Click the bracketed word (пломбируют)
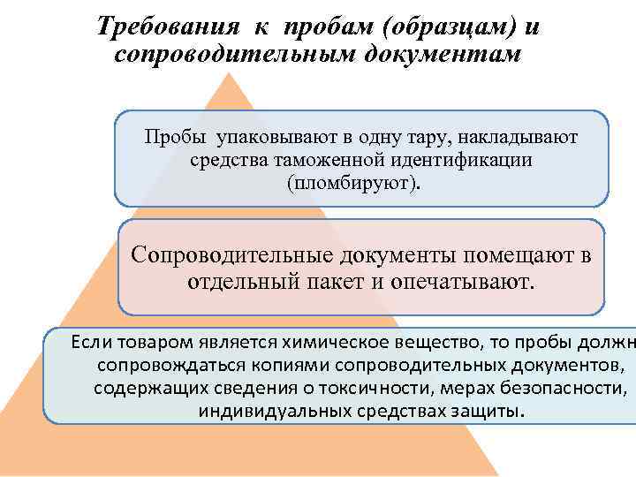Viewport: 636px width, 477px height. pyautogui.click(x=354, y=184)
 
